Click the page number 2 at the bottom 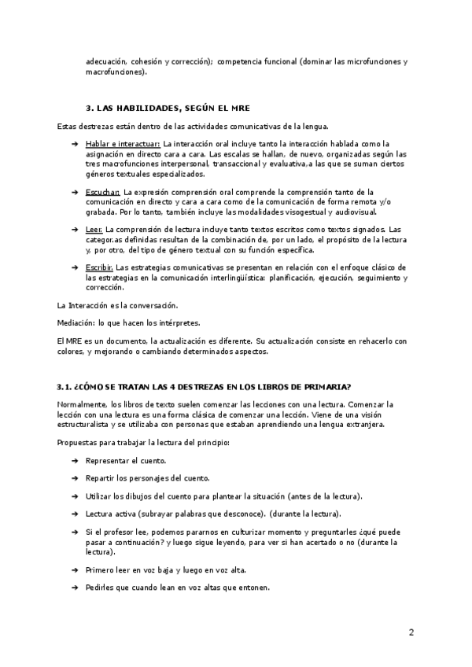click(411, 632)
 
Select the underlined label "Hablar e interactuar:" click(123, 144)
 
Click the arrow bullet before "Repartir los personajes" click(74, 478)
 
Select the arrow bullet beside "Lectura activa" click(74, 514)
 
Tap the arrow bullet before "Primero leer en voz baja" click(74, 570)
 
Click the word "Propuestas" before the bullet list click(79, 443)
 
